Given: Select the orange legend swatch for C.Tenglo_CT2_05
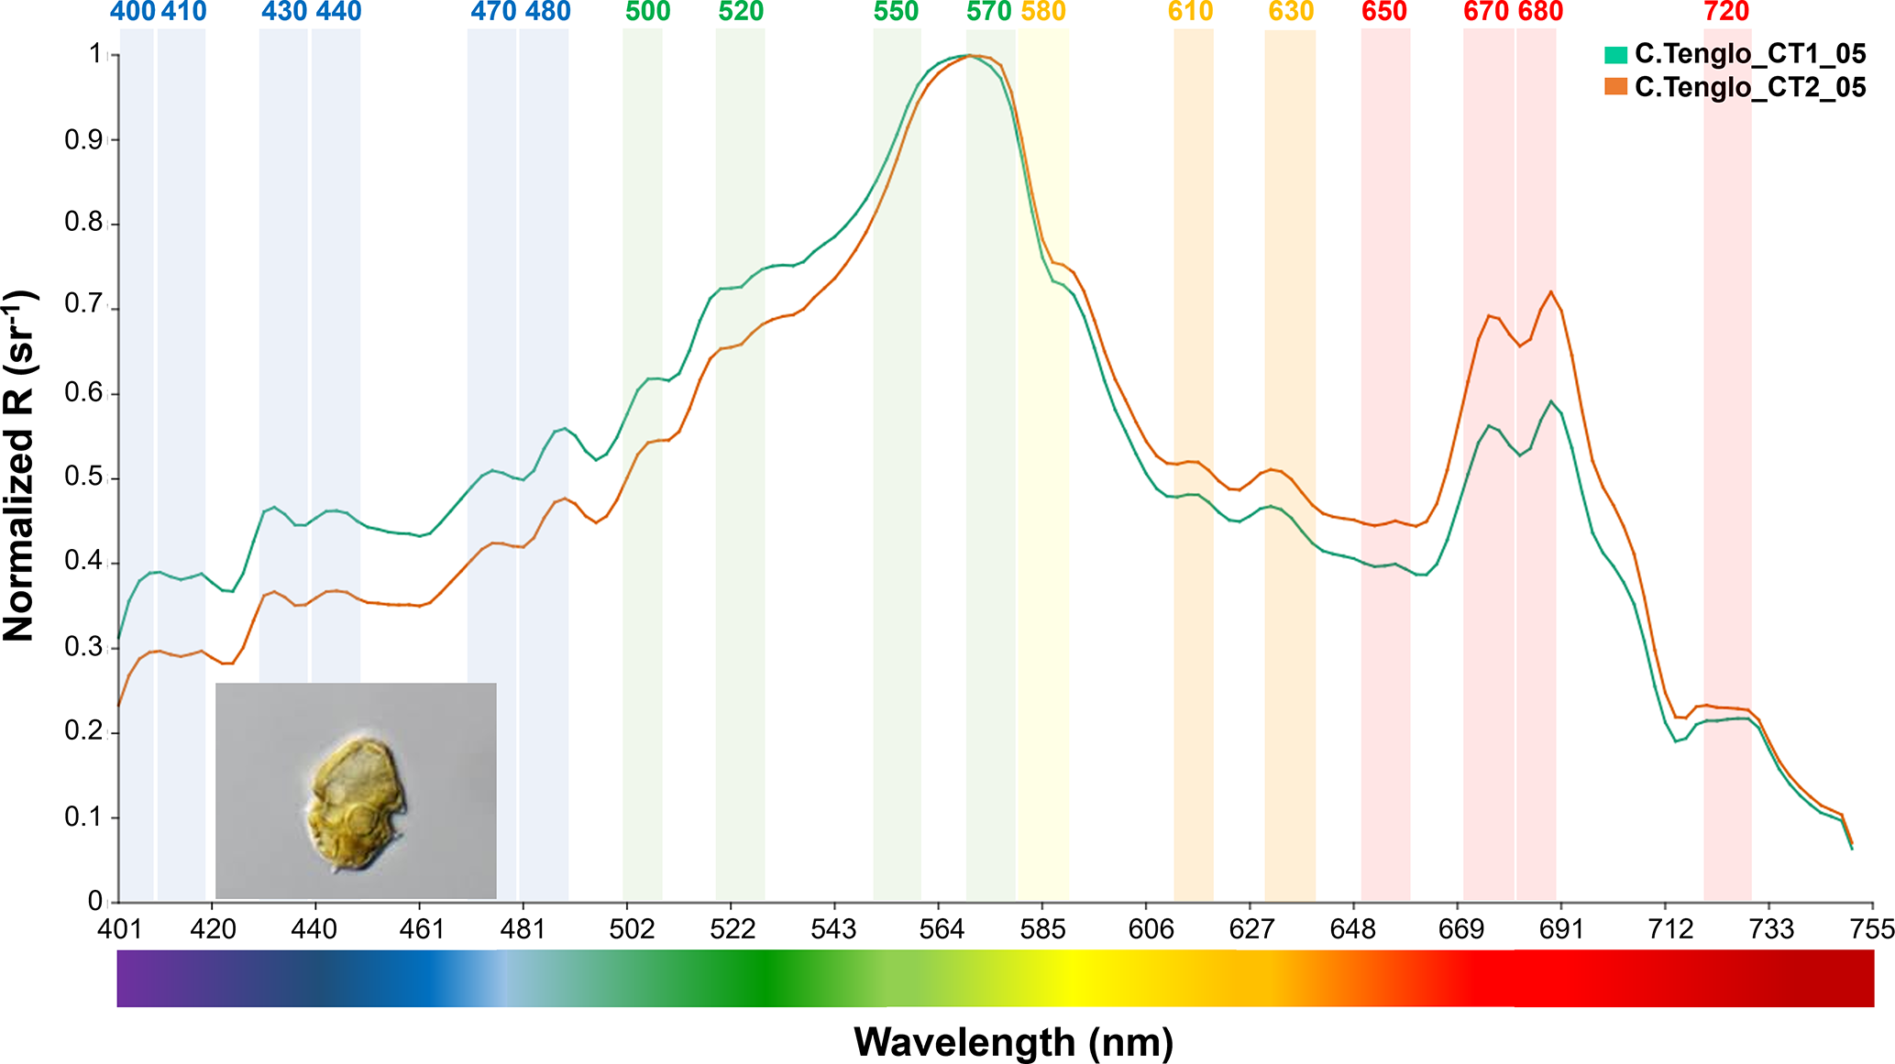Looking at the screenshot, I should tap(1615, 87).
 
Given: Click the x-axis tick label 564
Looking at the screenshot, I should tap(942, 929).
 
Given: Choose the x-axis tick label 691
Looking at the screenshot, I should tap(1561, 929).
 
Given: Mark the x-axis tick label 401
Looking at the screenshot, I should tap(120, 929).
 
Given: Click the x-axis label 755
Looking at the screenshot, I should tap(1871, 929).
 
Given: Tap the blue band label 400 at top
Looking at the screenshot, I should tap(133, 12).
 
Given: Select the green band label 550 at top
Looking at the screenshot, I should tap(896, 12).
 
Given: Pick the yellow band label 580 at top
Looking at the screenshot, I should tap(1043, 12).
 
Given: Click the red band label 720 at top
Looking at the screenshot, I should tap(1726, 12).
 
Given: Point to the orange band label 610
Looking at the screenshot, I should tap(1191, 12).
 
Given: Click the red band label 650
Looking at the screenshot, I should tap(1384, 12).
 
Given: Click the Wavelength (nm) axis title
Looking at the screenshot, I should tap(1013, 1042).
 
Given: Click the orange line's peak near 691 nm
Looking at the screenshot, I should tap(1550, 292).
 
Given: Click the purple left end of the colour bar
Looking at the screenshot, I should tap(128, 979).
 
